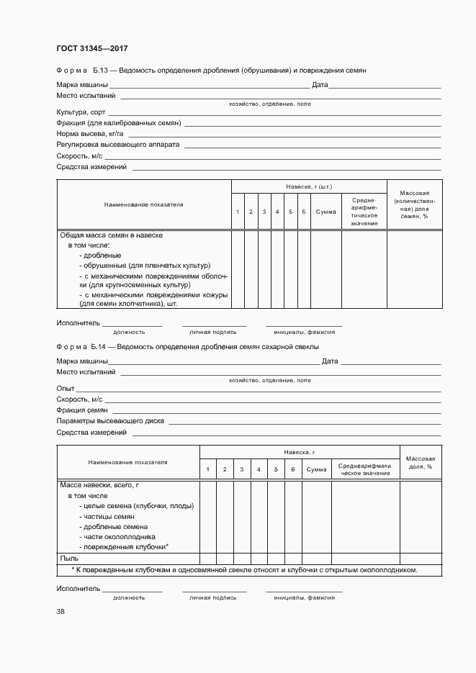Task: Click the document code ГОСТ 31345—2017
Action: [91, 48]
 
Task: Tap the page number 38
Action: [60, 611]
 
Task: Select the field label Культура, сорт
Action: [80, 112]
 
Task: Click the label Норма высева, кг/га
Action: [90, 134]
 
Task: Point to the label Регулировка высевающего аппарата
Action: [117, 145]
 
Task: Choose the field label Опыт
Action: [66, 388]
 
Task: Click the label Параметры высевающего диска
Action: [110, 421]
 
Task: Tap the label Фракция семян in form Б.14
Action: [82, 410]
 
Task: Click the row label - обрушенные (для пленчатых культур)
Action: [143, 265]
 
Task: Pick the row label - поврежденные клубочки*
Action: [123, 547]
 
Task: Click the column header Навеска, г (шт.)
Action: [308, 186]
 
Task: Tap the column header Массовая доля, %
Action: [420, 462]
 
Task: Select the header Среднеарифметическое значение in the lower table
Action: [365, 469]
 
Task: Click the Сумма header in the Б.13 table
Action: [325, 212]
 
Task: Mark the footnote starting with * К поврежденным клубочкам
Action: [245, 569]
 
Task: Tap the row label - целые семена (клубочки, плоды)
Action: [136, 506]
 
